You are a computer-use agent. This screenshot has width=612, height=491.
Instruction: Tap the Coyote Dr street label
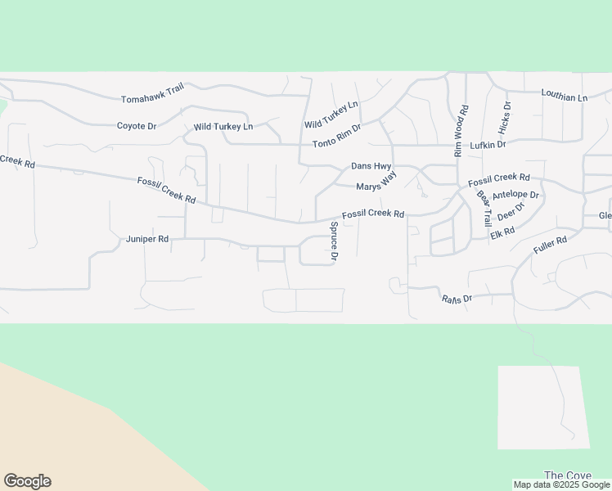(137, 126)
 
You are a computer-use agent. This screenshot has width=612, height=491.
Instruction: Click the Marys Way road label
(376, 182)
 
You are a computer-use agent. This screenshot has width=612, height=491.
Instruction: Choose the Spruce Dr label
(334, 242)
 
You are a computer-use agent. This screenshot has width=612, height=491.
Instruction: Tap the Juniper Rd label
(147, 239)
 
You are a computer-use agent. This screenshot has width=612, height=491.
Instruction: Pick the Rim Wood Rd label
(461, 131)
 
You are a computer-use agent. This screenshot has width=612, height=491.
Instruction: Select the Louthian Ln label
(565, 96)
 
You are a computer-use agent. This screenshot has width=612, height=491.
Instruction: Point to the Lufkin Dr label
(488, 145)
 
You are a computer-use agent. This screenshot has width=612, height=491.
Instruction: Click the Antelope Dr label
(515, 195)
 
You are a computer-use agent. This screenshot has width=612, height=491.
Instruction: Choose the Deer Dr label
(510, 211)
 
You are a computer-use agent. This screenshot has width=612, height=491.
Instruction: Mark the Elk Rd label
(502, 233)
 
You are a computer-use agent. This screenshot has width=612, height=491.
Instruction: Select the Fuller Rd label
(550, 245)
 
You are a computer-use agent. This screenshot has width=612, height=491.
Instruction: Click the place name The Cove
(568, 475)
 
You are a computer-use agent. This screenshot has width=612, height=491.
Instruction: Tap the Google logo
(27, 481)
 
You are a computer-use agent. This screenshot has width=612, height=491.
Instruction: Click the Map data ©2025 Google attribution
(561, 484)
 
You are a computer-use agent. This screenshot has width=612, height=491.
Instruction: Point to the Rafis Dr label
(457, 299)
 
